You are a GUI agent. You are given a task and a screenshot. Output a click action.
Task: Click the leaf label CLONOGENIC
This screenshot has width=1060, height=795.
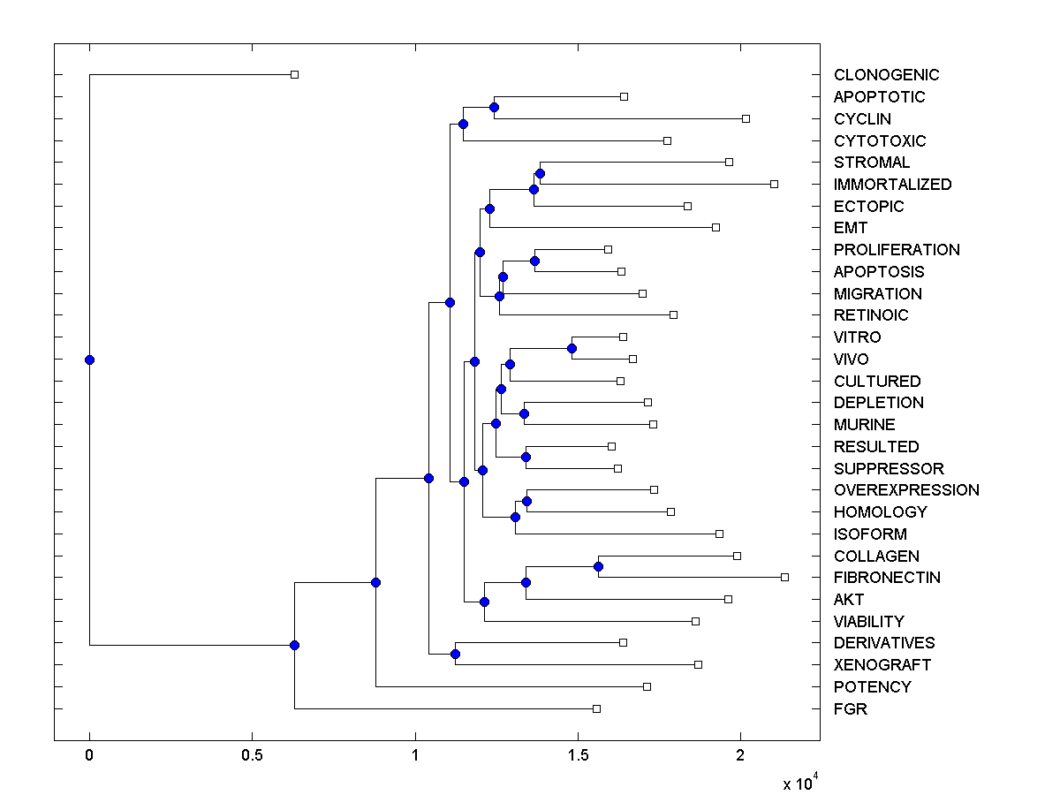coord(886,75)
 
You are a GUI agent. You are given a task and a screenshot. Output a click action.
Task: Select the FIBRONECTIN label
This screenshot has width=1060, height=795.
coord(887,578)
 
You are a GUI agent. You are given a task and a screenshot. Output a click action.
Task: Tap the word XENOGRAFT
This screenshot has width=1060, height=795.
coord(882,665)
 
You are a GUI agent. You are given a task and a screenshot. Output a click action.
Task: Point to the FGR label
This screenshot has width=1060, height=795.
coord(851,708)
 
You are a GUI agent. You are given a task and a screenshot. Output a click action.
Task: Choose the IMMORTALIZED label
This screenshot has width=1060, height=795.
coord(892,185)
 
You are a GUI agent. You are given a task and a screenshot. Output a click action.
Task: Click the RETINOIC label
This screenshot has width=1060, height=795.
coord(871,315)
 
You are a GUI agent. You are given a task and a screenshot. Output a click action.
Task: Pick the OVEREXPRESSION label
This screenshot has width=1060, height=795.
coord(906,490)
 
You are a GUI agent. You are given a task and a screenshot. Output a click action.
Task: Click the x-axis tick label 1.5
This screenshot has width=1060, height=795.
coord(578,756)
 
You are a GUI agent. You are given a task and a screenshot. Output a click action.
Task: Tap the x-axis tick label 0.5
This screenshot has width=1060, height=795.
coord(252,756)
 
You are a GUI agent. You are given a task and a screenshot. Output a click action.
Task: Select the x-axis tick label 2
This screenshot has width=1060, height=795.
coord(740,756)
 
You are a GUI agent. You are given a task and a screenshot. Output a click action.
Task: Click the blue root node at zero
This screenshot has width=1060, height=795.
coord(89,360)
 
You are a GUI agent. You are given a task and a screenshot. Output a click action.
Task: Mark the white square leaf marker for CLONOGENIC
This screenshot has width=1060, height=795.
coord(295,75)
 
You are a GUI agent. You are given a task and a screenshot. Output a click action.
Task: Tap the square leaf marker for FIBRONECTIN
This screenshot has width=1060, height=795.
coord(784,577)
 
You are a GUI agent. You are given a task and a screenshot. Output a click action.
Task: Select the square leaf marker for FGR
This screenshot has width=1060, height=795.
coord(596,708)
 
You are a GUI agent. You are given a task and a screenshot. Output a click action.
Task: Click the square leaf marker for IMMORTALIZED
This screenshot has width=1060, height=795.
coord(774,184)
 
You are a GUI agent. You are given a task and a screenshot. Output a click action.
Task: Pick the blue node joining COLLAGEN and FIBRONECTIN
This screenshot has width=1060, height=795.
coord(598,566)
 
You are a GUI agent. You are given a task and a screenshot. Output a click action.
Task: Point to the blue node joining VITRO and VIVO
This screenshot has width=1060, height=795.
coord(572,348)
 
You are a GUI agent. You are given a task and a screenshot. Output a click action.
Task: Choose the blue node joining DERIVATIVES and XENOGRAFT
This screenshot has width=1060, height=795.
coord(455,654)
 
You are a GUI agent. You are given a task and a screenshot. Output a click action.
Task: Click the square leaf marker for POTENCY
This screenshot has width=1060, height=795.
coord(647,686)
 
